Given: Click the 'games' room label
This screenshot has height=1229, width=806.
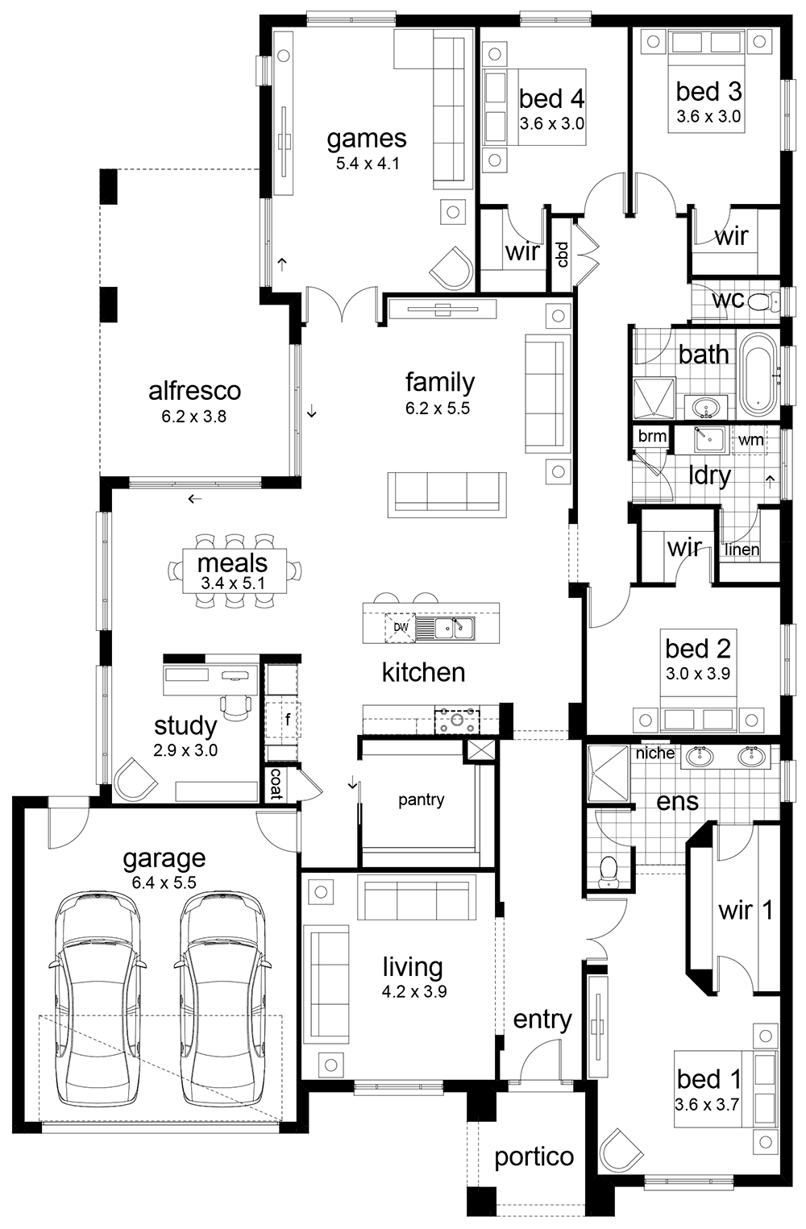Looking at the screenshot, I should pyautogui.click(x=366, y=139).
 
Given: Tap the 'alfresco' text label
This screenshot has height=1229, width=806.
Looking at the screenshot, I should pyautogui.click(x=194, y=391).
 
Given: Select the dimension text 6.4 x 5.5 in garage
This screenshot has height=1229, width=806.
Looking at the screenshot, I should pyautogui.click(x=164, y=882).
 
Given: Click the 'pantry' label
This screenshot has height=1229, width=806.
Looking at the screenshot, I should pyautogui.click(x=421, y=799).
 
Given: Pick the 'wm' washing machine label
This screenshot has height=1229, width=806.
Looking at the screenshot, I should pyautogui.click(x=750, y=440).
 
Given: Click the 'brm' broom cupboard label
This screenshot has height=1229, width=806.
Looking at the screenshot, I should pyautogui.click(x=652, y=436).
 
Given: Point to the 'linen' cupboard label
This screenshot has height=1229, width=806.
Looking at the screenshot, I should pyautogui.click(x=742, y=550).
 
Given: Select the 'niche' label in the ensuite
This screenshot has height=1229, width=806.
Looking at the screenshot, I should pyautogui.click(x=654, y=753).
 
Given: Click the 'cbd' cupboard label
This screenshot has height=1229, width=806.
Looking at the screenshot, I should pyautogui.click(x=562, y=255).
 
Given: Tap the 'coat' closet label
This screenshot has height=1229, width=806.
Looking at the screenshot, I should pyautogui.click(x=276, y=784).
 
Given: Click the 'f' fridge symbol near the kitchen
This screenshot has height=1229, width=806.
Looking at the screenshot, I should pyautogui.click(x=287, y=715).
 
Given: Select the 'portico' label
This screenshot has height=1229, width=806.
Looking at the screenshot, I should pyautogui.click(x=534, y=1156).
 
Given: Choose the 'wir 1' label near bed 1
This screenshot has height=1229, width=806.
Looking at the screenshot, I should pyautogui.click(x=745, y=911).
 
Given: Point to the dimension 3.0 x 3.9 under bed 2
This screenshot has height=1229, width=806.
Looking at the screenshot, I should pyautogui.click(x=697, y=673).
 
